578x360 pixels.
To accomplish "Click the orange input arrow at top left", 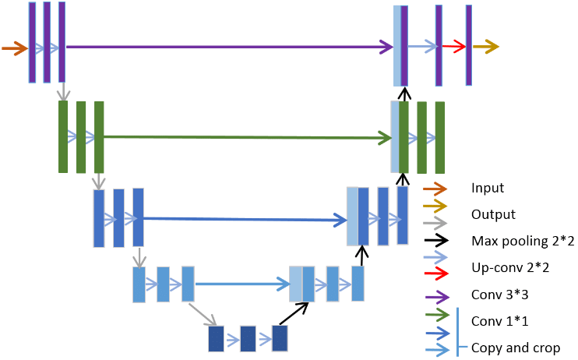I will click(15, 48).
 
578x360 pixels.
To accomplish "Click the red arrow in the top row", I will click(454, 47).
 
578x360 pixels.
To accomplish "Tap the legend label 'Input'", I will click(488, 188).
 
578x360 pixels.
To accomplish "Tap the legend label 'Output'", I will click(493, 214).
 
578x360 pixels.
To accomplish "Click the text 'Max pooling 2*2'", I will click(523, 241).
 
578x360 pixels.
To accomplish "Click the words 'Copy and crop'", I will click(515, 348).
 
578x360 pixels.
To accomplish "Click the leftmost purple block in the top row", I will click(32, 42).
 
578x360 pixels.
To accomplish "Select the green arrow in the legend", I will click(438, 315).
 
